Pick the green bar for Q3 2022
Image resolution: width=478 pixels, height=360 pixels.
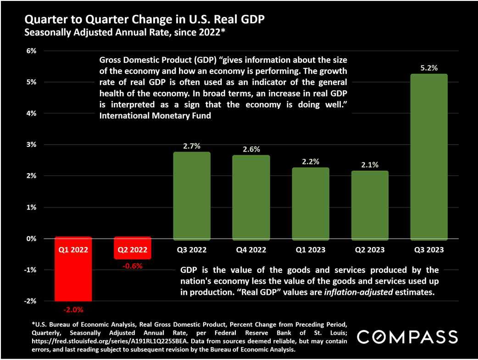click(191, 195)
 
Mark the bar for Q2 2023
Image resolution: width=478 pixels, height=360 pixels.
click(369, 204)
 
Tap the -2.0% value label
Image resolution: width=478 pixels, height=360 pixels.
click(73, 309)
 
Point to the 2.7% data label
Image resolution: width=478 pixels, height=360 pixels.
click(191, 146)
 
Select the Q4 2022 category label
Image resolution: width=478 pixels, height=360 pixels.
click(250, 250)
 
